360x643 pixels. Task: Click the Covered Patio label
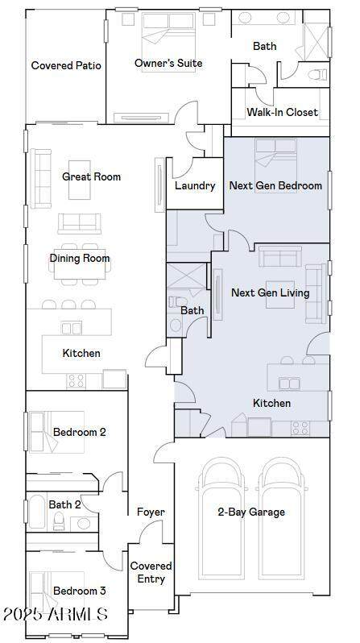pyautogui.click(x=66, y=65)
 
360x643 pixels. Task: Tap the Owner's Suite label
pyautogui.click(x=168, y=63)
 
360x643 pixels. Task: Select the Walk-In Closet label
pyautogui.click(x=282, y=112)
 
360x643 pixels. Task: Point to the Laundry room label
pyautogui.click(x=195, y=186)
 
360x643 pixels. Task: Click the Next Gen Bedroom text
pyautogui.click(x=275, y=185)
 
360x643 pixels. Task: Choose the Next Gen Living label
pyautogui.click(x=271, y=292)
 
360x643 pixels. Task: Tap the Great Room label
pyautogui.click(x=92, y=176)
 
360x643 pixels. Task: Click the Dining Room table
pyautogui.click(x=80, y=264)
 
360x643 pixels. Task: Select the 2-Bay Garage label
pyautogui.click(x=251, y=512)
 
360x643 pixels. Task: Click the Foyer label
pyautogui.click(x=151, y=512)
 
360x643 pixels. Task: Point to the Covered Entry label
pyautogui.click(x=151, y=572)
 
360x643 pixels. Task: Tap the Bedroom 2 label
pyautogui.click(x=80, y=432)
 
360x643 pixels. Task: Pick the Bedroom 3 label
pyautogui.click(x=80, y=591)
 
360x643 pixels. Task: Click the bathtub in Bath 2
pyautogui.click(x=37, y=512)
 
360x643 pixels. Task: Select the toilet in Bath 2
pyautogui.click(x=59, y=521)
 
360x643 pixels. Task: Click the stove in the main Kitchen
pyautogui.click(x=76, y=381)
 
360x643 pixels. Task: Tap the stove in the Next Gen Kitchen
pyautogui.click(x=300, y=428)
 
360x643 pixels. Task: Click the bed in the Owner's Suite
pyautogui.click(x=168, y=42)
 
